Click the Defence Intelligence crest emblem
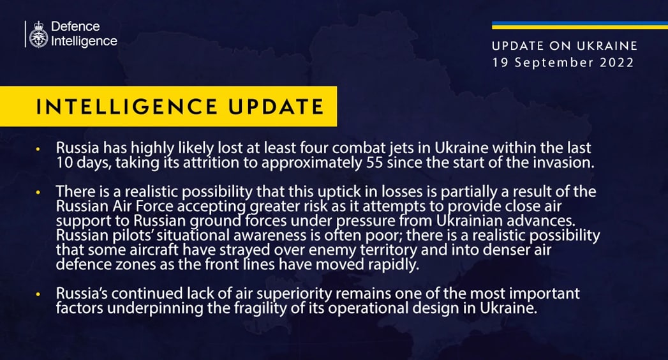(38, 34)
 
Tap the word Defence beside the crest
(75, 26)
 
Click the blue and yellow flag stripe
(580, 25)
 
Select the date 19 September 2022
(563, 63)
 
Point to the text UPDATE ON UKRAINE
(565, 45)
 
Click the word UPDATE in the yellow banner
(276, 107)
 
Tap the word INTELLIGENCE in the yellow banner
(126, 107)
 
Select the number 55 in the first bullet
(375, 163)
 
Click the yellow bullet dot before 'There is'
(38, 193)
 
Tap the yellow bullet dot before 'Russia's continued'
(38, 295)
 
